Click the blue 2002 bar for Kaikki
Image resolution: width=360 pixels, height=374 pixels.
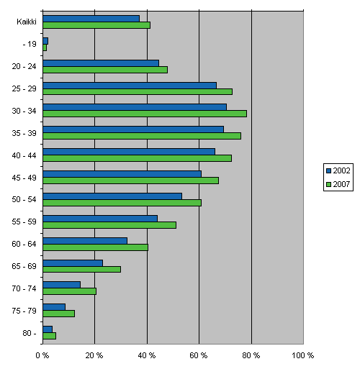(x=91, y=18)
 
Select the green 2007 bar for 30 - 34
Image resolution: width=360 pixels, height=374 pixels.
(x=144, y=114)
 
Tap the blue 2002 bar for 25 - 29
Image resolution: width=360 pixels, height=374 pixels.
(x=130, y=85)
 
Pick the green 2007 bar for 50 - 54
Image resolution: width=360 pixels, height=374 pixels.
(x=122, y=203)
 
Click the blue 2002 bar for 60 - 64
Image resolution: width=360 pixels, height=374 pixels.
(x=85, y=240)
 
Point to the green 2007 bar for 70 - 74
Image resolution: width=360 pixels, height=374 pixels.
(x=69, y=291)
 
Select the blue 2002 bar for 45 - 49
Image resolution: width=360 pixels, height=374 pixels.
(x=122, y=173)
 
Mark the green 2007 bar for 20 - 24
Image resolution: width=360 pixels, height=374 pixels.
(x=105, y=70)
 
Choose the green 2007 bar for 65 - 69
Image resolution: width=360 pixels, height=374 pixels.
(x=81, y=269)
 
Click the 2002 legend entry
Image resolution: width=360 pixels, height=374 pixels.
(x=338, y=170)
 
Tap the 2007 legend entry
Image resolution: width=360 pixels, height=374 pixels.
(x=338, y=184)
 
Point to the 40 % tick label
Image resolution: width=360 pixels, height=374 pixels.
(x=147, y=355)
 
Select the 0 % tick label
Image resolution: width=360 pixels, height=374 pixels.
(x=42, y=355)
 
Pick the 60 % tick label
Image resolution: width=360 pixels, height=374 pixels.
(x=199, y=355)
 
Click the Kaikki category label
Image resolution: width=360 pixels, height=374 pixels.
(x=27, y=22)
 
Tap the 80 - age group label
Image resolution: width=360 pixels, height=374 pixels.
(x=29, y=332)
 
